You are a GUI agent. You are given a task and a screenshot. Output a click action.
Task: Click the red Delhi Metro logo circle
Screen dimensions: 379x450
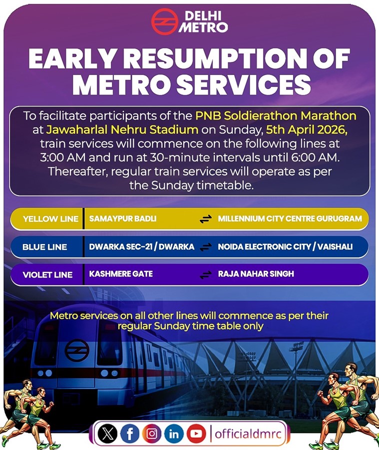(x=165, y=21)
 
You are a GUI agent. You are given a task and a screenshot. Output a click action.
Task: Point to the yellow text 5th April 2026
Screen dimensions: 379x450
(x=307, y=129)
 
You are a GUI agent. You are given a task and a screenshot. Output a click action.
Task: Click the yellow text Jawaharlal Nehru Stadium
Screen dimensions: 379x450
(x=122, y=129)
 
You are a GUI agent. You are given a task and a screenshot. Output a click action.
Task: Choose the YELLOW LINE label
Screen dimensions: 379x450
(x=51, y=219)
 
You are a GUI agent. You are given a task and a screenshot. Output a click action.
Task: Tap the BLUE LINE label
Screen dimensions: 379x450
(x=45, y=247)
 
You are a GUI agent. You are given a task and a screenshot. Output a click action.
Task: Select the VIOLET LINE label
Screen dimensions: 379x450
(x=47, y=274)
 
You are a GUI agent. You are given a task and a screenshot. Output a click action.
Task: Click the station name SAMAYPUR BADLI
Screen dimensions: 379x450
(x=123, y=218)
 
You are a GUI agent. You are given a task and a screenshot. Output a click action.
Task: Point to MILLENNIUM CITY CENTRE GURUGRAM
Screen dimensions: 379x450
(x=290, y=218)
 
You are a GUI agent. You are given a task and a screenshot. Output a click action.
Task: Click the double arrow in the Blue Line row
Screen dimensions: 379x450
(x=206, y=247)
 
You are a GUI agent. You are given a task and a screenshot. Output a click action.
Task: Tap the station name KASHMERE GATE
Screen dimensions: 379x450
(x=121, y=274)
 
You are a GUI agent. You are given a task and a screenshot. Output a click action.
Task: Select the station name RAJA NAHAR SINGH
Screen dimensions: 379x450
(x=256, y=274)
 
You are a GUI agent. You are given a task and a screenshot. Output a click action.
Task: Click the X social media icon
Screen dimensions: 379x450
(x=107, y=433)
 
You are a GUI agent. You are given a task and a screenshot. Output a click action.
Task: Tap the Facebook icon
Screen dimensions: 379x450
(x=130, y=433)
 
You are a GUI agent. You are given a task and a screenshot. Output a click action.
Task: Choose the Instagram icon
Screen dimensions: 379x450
(x=152, y=433)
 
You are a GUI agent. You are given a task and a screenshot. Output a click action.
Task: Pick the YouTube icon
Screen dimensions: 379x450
(x=196, y=433)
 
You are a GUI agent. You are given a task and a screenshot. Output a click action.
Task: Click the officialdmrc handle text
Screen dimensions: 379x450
(x=248, y=433)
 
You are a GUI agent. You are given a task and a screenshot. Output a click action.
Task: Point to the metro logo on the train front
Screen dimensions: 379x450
(x=77, y=350)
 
